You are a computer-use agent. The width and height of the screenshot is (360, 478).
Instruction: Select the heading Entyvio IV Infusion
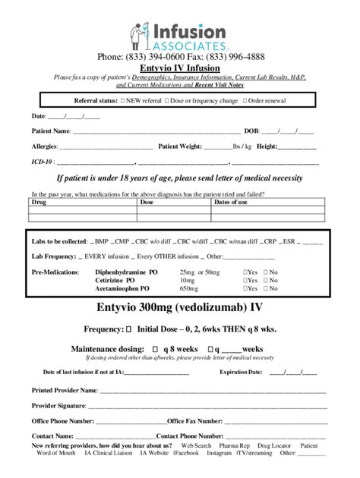(179, 68)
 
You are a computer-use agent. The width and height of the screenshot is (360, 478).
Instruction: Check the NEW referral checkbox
(123, 100)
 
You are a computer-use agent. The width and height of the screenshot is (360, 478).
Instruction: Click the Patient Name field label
(49, 131)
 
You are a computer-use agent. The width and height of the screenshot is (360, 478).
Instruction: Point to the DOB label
(252, 131)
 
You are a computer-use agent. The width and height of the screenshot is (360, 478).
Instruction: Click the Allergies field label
(43, 146)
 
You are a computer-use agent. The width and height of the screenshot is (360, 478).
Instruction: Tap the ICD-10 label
(42, 161)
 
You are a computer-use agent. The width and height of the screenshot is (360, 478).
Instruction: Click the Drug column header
(37, 203)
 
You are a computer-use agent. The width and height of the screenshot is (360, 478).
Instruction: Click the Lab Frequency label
(54, 256)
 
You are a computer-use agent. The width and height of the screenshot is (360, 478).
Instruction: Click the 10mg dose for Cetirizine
(188, 281)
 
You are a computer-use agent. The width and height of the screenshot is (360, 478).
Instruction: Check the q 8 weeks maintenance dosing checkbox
(147, 348)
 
